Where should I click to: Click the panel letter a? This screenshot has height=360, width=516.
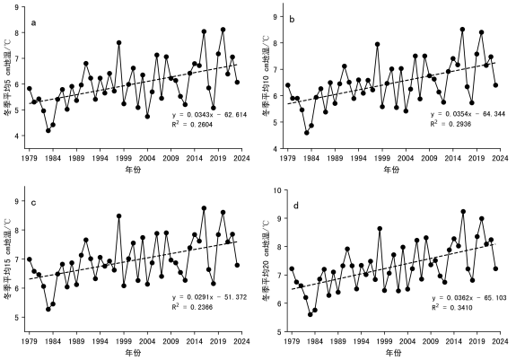click(33, 23)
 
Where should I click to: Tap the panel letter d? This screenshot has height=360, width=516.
click(296, 206)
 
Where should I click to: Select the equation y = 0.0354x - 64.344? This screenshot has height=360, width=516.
click(468, 114)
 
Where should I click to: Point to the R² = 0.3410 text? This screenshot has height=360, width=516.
click(452, 307)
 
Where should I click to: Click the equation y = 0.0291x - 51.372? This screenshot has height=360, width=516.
click(210, 297)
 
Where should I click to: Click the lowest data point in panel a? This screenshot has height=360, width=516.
click(48, 131)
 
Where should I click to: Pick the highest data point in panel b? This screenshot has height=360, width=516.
click(462, 30)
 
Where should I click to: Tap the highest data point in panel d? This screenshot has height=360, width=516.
click(463, 212)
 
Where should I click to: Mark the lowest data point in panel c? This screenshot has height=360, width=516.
click(48, 310)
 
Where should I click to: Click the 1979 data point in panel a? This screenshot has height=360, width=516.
click(30, 89)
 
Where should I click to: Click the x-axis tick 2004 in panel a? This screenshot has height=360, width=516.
click(147, 158)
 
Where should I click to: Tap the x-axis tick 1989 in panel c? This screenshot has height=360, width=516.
click(76, 341)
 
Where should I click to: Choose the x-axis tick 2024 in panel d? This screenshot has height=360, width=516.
click(500, 341)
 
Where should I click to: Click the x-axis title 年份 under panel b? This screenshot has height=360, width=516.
click(391, 170)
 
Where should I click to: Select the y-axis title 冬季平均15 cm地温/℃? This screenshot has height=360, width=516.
click(9, 259)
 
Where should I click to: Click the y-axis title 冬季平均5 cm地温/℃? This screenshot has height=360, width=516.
click(9, 76)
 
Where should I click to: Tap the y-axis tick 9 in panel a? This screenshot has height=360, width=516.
click(17, 7)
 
